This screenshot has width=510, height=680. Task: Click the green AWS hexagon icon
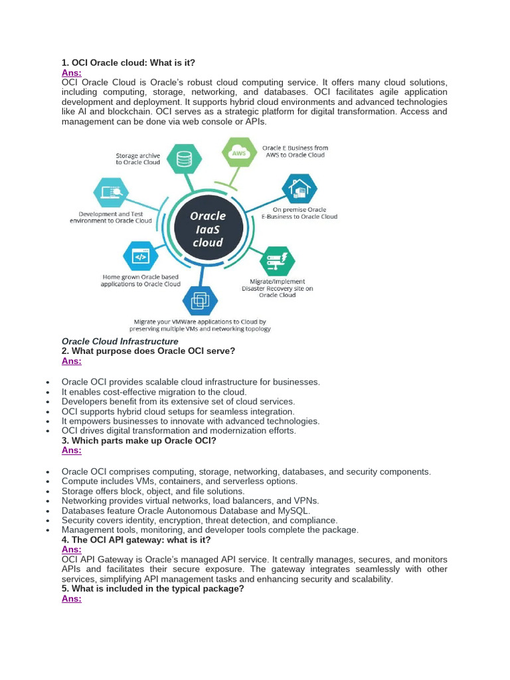tap(238, 154)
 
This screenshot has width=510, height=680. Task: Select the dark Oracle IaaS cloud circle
tap(208, 229)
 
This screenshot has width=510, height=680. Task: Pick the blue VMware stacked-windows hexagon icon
tap(200, 302)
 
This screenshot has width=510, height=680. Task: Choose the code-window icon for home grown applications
tap(140, 256)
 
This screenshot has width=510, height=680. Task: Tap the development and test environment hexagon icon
tap(113, 193)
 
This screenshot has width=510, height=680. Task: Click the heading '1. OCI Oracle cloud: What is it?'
tap(128, 62)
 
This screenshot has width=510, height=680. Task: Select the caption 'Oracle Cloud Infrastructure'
tap(120, 341)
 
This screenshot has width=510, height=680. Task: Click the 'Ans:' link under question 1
tap(71, 72)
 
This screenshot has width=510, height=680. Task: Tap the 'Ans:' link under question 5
tap(71, 598)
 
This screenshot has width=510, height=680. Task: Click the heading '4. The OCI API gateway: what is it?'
tap(136, 540)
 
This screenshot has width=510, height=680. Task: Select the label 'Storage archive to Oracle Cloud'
tap(138, 159)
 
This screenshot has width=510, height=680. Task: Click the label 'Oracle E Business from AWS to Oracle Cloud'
tap(295, 151)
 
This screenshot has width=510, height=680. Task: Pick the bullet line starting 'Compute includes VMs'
tap(179, 481)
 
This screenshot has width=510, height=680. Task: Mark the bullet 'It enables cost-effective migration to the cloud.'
tap(154, 392)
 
